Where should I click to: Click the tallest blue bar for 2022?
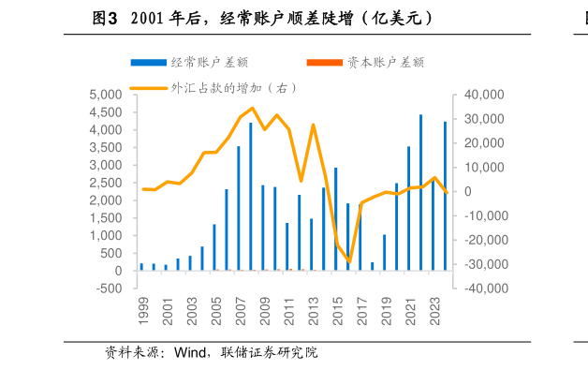420,192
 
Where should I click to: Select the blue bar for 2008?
250,197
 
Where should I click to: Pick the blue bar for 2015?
335,219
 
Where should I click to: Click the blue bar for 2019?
384,252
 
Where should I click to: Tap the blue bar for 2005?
213,247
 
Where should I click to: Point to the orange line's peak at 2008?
252,108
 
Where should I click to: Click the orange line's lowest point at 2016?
348,262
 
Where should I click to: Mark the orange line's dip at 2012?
301,181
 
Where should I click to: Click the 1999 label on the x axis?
143,312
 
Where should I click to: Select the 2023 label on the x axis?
434,312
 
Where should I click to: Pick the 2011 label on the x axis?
288,312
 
